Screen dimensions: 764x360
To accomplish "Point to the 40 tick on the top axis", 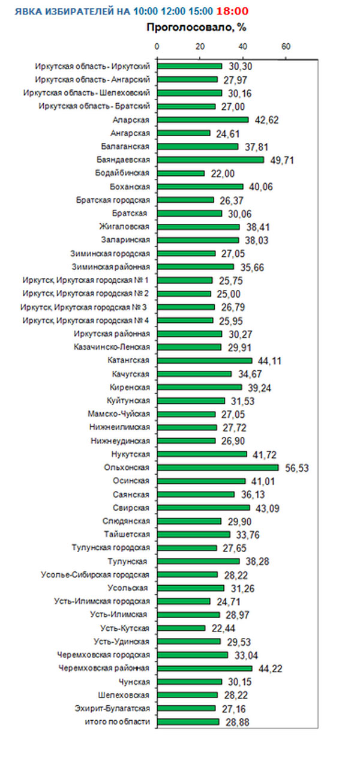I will [242, 46].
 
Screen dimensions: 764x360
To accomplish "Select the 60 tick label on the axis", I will [286, 46].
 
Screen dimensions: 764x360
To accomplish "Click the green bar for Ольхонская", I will [218, 468].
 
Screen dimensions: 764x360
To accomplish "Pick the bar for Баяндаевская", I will [210, 160].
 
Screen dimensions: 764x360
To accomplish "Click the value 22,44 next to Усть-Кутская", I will [222, 628].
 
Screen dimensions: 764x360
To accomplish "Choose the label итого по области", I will [116, 721].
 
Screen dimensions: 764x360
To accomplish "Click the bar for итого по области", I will [188, 721].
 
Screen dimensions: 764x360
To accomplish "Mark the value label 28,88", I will [236, 722].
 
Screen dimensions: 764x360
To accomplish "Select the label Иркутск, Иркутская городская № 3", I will [84, 307].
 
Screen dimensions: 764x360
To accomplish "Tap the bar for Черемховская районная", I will [205, 668].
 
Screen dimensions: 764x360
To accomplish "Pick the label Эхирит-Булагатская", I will [112, 708].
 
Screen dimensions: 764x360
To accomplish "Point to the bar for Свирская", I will [203, 508].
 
